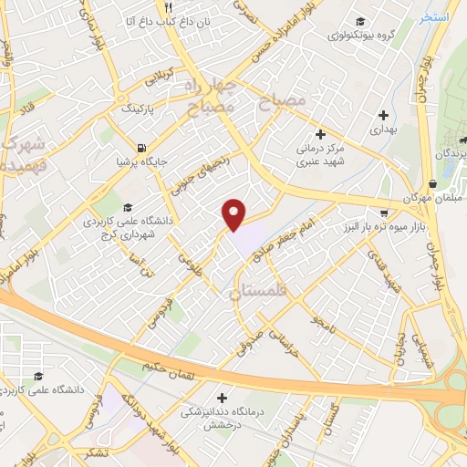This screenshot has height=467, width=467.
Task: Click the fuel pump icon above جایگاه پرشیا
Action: [140, 148]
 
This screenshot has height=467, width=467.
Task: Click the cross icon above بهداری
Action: [383, 116]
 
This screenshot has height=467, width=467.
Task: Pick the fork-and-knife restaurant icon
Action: [167, 7]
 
